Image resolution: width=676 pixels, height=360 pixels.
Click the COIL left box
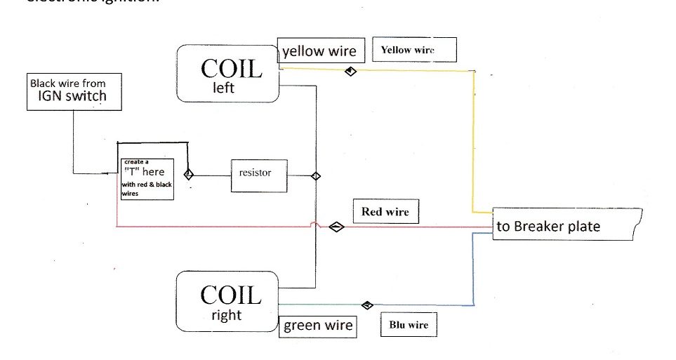tap(229, 74)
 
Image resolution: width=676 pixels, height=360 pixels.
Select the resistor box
tap(259, 175)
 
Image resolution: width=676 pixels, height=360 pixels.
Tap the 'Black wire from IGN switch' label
tap(74, 91)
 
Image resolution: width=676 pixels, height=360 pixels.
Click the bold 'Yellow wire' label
tap(414, 50)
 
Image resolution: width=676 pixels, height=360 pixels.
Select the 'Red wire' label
tap(385, 212)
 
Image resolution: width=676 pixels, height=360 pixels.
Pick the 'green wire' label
tap(317, 326)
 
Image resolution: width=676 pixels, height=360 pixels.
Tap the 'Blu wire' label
tap(408, 325)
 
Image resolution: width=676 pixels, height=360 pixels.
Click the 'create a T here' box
tap(147, 178)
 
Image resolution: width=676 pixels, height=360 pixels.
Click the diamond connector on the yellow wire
tap(350, 71)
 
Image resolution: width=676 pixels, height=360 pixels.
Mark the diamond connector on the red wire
tap(337, 226)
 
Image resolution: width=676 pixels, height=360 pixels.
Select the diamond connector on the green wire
tap(366, 305)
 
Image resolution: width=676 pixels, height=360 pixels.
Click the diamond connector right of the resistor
tap(316, 175)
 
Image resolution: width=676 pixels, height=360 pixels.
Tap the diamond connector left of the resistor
tap(188, 174)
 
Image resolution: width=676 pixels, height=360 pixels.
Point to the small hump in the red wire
tap(316, 225)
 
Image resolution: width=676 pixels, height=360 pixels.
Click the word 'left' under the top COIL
tap(223, 89)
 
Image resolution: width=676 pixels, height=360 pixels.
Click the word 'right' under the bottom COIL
tap(226, 316)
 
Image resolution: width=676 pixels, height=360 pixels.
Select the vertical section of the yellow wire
tap(473, 140)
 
